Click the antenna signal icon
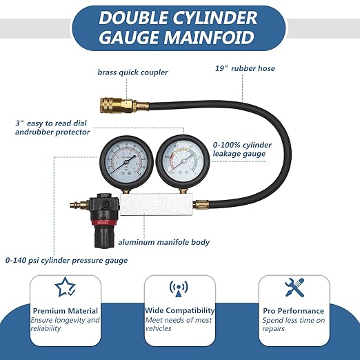point(179,288)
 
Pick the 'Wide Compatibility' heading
point(179,311)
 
